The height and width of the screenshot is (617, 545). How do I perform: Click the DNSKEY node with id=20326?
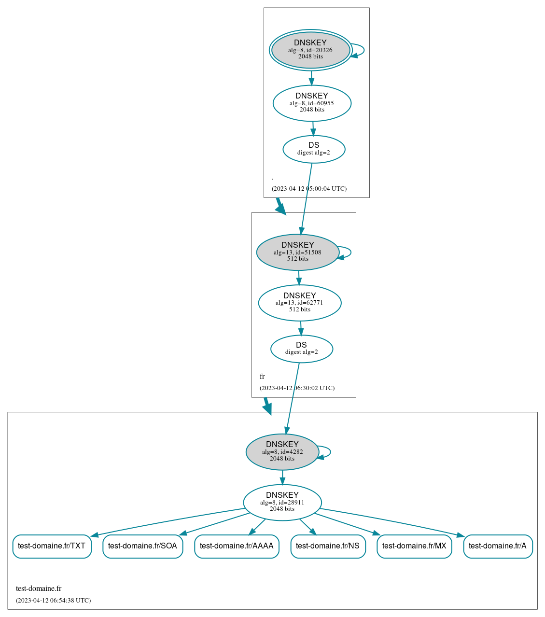[310, 50]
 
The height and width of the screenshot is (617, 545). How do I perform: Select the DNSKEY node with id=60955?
[312, 103]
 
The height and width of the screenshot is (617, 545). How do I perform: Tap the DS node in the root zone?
[314, 149]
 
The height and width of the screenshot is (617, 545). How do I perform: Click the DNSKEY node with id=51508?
[297, 252]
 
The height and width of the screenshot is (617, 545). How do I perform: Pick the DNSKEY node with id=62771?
[299, 303]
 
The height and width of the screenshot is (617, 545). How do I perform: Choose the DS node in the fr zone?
[301, 349]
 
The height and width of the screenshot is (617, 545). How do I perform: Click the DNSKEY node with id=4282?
[282, 452]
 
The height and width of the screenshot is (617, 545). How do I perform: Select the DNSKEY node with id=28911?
[282, 502]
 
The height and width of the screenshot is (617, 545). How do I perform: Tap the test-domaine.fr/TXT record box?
[52, 546]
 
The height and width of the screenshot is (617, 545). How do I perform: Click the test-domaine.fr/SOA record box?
[142, 546]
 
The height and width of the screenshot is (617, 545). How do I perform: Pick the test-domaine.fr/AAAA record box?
[237, 546]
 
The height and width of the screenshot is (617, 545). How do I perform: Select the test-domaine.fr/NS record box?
[328, 546]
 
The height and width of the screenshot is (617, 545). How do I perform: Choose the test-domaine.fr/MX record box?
[414, 546]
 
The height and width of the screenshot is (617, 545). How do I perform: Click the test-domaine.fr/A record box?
[498, 546]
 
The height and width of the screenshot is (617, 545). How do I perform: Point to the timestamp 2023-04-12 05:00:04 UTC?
[309, 188]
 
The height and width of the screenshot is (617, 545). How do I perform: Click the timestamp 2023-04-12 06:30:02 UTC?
[297, 388]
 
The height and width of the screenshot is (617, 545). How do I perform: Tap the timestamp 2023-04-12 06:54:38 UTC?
[53, 600]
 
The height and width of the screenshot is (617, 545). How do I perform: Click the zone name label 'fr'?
[262, 377]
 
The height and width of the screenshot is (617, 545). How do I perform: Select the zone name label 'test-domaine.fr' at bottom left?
[39, 588]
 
